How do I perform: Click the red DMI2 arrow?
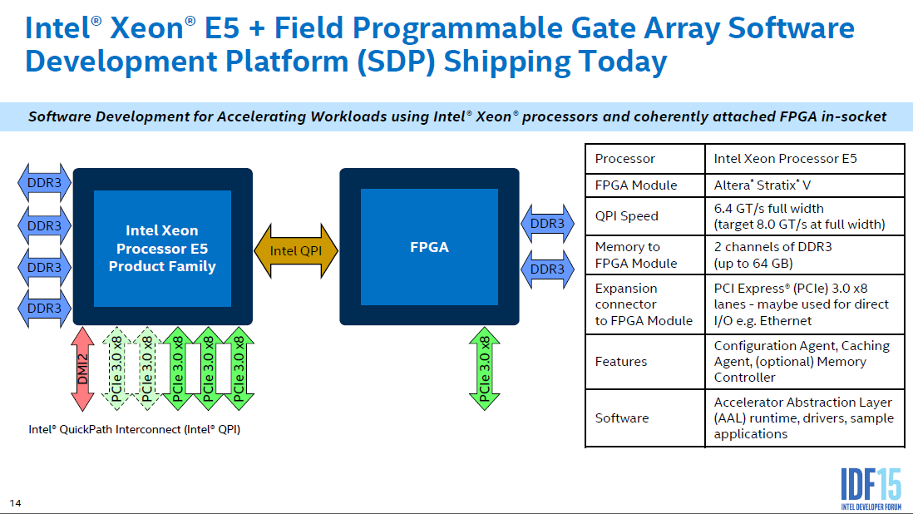point(82,369)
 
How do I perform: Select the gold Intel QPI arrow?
point(296,250)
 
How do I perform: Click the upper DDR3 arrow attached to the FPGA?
point(546,224)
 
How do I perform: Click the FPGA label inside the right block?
point(429,247)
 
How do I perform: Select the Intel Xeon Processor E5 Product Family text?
point(162,248)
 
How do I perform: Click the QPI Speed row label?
point(626,216)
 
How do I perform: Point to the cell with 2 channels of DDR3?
point(772,255)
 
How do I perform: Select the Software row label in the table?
point(622,418)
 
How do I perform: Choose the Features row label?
point(620,362)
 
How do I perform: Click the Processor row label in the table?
point(624,159)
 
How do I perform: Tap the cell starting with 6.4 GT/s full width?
point(798,216)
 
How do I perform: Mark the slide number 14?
point(15,503)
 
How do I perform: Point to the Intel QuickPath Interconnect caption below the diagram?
point(134,430)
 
